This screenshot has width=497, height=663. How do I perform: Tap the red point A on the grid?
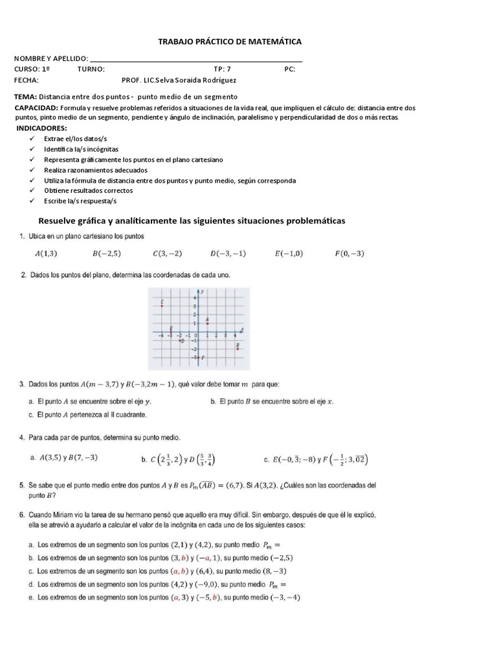206,322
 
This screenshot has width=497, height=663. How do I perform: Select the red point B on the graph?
238,350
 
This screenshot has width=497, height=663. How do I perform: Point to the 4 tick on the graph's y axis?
194,297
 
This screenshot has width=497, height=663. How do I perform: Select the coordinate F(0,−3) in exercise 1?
349,254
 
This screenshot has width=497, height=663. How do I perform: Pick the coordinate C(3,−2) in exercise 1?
167,254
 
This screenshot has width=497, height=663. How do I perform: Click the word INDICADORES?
41,129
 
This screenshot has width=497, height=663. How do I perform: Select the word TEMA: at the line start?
26,96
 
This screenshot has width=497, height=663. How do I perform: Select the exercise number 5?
23,485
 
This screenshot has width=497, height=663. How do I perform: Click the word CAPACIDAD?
36,107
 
